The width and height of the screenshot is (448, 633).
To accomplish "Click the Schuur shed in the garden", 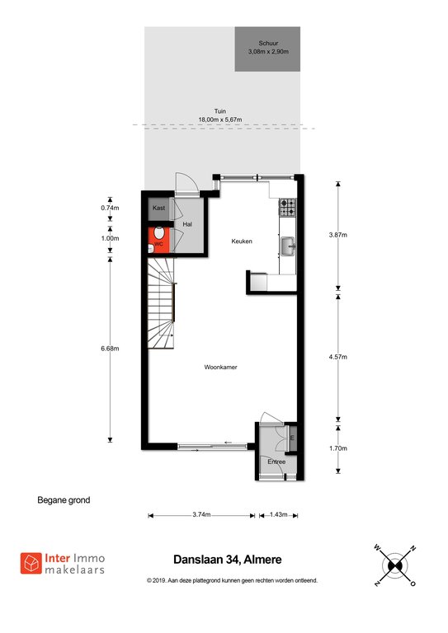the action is [267, 49].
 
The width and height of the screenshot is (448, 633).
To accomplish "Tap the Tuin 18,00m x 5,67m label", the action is [220, 115].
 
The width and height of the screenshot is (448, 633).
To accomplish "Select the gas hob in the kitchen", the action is [288, 207].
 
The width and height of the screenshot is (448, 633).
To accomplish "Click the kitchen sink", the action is [289, 246].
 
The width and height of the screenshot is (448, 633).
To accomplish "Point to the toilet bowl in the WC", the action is [158, 234].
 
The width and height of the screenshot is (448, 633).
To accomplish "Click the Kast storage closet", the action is [158, 209].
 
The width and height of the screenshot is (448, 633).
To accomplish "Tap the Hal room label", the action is [187, 224].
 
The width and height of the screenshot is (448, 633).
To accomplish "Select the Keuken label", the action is [242, 241].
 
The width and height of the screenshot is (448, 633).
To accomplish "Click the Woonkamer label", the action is [220, 367].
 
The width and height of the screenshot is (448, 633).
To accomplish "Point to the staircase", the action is [161, 303].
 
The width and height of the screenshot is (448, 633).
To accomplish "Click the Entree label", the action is [276, 462].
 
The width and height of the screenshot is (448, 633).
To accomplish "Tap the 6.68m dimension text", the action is [110, 349].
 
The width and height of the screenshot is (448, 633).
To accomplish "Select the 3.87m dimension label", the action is [338, 235].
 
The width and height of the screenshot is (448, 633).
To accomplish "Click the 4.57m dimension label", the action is [338, 357].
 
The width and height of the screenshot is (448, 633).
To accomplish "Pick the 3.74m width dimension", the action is [201, 514].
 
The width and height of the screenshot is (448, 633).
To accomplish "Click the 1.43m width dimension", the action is [278, 514].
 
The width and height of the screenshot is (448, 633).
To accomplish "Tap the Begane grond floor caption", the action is [64, 500].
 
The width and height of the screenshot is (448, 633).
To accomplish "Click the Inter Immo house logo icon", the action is [31, 563].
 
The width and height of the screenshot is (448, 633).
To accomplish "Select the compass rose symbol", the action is [394, 565].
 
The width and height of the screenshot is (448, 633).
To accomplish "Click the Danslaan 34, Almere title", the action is [228, 560].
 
